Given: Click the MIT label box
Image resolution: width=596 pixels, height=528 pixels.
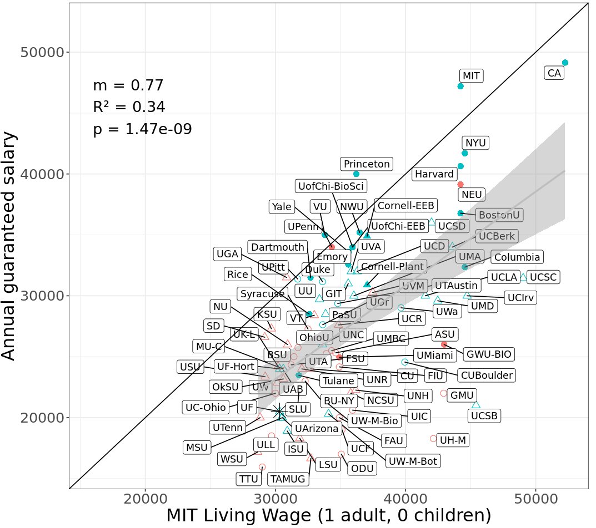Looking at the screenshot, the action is [472, 75].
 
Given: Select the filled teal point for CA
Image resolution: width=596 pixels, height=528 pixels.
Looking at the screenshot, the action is [565, 63].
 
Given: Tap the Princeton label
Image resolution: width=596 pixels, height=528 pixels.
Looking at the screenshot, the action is [367, 164].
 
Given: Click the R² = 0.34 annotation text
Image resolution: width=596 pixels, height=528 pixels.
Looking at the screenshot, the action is [128, 107].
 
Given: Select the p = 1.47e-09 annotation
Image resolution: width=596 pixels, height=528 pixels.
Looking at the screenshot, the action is [142, 129].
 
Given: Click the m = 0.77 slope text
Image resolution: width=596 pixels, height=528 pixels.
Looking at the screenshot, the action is [128, 85].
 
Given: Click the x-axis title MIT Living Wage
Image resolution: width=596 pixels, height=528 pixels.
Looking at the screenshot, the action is [328, 515].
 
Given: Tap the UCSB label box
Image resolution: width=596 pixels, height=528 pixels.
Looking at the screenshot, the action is [484, 415].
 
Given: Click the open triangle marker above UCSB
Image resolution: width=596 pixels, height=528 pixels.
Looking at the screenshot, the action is [475, 404].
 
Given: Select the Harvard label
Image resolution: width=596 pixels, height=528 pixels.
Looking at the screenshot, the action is [434, 174].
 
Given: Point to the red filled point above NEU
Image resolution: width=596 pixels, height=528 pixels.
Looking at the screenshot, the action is [460, 184].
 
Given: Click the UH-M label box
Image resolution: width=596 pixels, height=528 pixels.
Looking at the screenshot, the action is [453, 440].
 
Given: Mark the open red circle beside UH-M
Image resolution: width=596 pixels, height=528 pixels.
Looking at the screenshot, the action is [433, 438].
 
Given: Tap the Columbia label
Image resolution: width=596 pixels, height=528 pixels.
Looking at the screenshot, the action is [517, 257].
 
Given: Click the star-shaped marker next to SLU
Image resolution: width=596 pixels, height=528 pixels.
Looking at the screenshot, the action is [280, 411].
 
